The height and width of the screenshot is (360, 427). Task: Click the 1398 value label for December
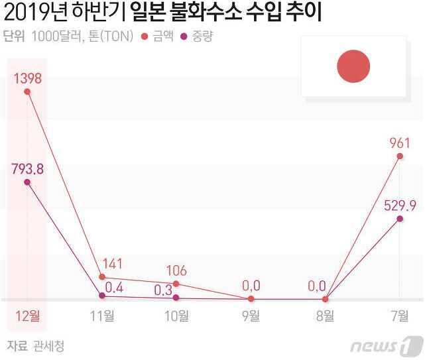point(27,78)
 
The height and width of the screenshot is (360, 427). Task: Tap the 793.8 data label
point(27,168)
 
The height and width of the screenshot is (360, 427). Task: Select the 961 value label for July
point(400,143)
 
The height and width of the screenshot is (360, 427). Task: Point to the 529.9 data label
point(400,206)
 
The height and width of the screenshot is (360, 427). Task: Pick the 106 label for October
point(176,270)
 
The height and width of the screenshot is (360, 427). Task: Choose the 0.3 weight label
point(163,289)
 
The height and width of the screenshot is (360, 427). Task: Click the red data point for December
point(27,92)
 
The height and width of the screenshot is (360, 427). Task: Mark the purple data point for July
point(400,218)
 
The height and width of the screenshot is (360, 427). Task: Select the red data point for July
point(400,156)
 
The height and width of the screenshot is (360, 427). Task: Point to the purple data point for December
point(27,182)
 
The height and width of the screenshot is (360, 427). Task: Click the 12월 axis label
point(27,316)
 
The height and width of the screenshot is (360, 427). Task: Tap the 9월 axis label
point(251,316)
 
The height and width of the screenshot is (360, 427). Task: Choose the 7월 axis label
point(400,316)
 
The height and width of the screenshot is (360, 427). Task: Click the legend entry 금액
point(158,36)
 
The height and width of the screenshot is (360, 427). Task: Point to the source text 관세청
point(48,345)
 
